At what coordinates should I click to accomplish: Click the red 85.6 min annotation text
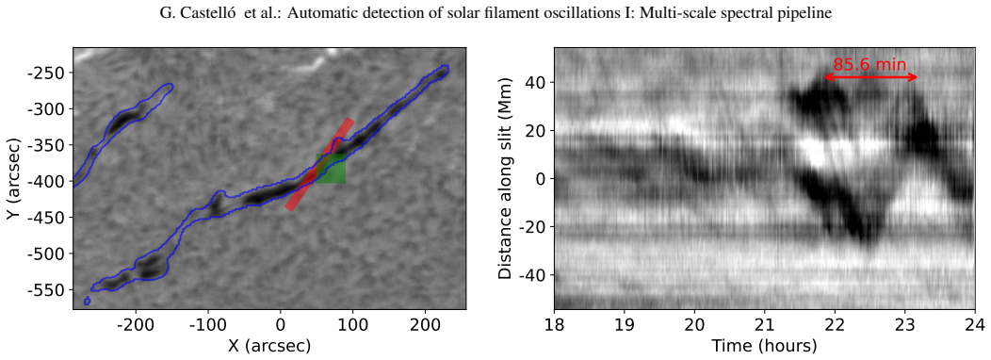(x=869, y=64)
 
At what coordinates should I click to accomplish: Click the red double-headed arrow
(x=870, y=77)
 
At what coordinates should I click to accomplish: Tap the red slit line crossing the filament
(x=319, y=164)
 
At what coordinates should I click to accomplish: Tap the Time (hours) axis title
(x=765, y=346)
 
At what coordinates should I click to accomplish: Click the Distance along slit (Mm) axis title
(x=505, y=179)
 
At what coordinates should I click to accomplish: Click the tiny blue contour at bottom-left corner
(x=88, y=301)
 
